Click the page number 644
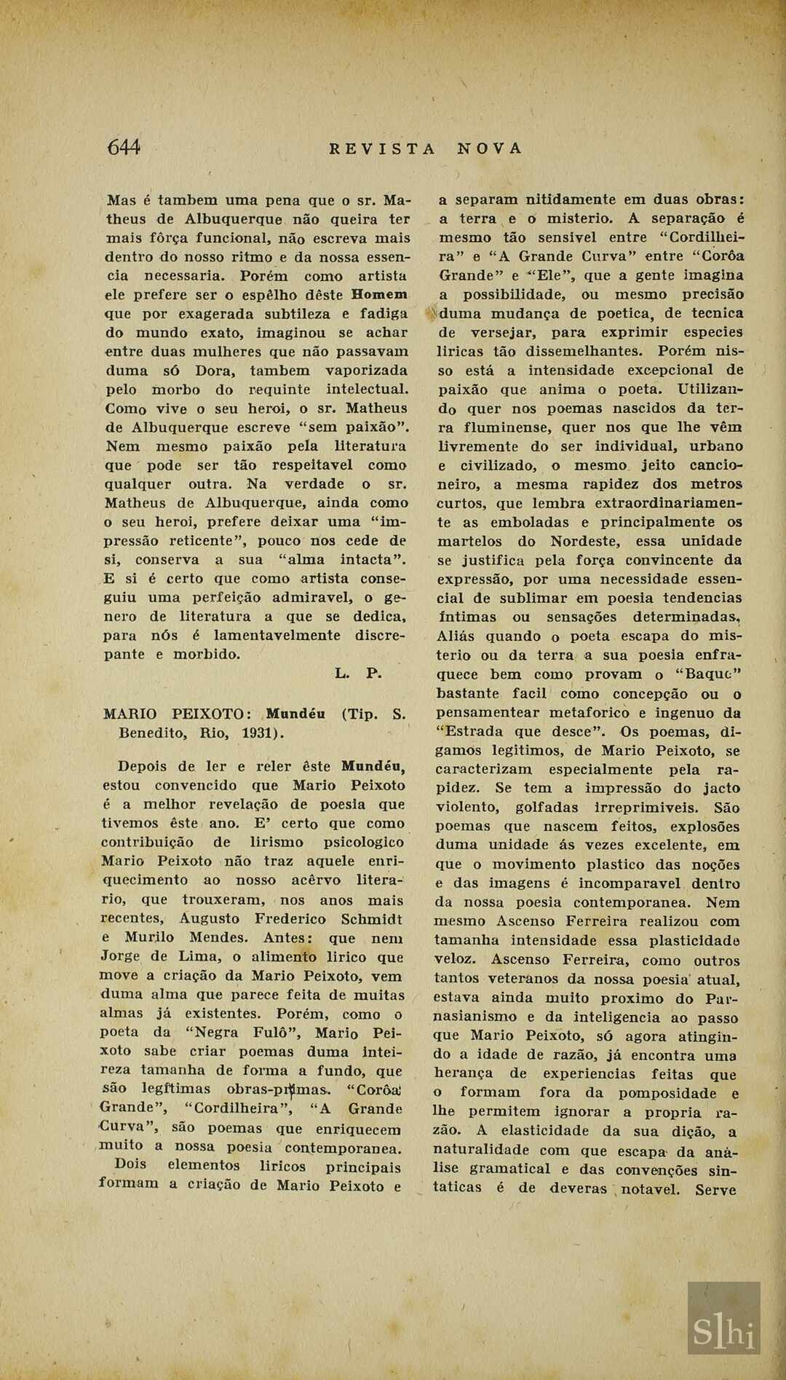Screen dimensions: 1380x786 point(124,148)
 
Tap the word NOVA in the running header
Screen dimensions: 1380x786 point(490,149)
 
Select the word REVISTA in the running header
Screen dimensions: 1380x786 point(382,149)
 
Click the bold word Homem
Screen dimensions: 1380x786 point(379,295)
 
